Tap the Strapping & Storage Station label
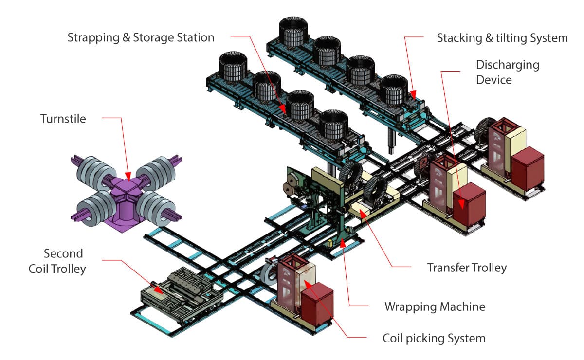pos(141,37)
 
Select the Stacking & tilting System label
pos(502,38)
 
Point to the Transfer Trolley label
pos(467,268)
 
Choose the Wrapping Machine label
pos(435,306)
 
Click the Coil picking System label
pos(434,338)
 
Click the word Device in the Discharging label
pos(494,79)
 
